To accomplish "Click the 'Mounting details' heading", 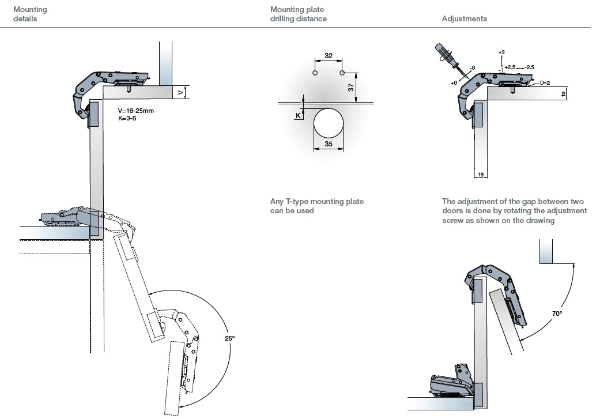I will pos(30,14).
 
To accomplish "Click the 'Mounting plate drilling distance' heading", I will pos(298,14).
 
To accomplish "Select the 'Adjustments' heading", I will pos(464,18).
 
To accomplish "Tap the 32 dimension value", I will pos(329,56).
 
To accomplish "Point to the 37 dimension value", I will pos(351,87).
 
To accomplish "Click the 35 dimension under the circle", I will pos(329,144).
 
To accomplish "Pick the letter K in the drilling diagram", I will pos(298,115).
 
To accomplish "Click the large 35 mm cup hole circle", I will pos(329,123).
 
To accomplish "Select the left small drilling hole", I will pos(315,73).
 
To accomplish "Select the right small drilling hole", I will pos(342,73).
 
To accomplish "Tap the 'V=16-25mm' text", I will pos(136,110).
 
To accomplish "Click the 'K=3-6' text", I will pos(128,118).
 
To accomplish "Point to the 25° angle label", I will pos(230,338).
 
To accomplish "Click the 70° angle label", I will pos(557,313).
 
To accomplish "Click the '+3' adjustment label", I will pos(501,52).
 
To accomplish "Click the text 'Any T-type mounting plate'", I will pos(317,202).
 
